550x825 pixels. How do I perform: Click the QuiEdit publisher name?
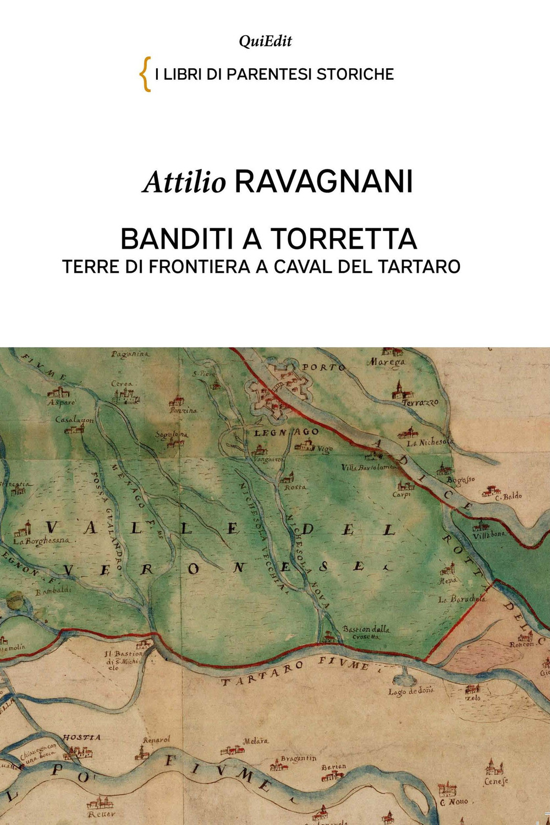tap(265, 41)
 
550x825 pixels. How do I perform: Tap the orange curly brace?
tap(145, 74)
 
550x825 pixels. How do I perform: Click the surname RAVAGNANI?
tap(323, 182)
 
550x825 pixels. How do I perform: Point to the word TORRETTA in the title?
tap(343, 239)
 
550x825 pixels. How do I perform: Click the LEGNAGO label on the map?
tap(285, 433)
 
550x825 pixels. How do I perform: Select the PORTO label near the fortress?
tap(324, 367)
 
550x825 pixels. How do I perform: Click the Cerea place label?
tap(122, 383)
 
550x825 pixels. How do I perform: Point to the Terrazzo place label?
tap(420, 403)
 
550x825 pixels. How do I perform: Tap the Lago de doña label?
tap(410, 691)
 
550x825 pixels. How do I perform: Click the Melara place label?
tap(256, 741)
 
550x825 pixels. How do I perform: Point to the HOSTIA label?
tap(81, 737)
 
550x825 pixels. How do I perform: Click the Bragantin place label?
tap(299, 758)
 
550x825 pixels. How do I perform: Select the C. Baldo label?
tap(508, 496)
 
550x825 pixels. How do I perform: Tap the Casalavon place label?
tap(74, 420)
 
